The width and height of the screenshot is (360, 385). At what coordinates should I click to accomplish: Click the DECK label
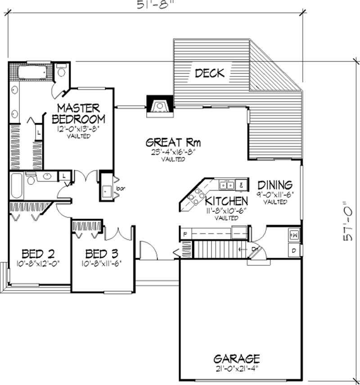(x=210, y=73)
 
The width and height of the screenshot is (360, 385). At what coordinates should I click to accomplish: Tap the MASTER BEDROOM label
(x=79, y=113)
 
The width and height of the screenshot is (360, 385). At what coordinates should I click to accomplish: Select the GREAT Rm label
(x=173, y=143)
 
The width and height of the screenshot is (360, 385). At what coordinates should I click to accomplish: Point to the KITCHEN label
(x=226, y=201)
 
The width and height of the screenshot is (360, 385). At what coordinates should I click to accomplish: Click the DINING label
(x=275, y=185)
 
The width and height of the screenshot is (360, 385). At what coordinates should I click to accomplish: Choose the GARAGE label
(x=236, y=358)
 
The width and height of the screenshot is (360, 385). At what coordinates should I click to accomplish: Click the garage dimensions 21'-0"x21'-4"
(x=236, y=368)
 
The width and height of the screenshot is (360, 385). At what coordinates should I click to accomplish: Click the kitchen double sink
(x=226, y=184)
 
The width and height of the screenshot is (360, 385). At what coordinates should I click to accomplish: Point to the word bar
(x=120, y=187)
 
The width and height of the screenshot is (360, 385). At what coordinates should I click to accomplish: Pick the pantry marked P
(x=184, y=234)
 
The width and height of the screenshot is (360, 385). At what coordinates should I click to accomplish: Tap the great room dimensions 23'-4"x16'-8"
(x=173, y=153)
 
